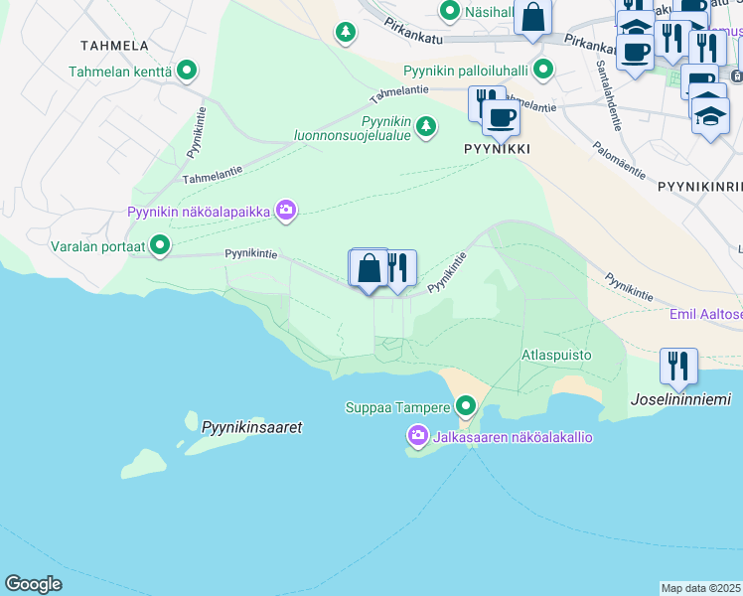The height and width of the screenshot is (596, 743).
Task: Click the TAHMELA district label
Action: [x=115, y=46]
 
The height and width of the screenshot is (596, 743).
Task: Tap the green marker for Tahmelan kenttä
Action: [x=186, y=72]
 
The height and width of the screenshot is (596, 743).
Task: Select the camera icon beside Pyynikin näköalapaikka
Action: [x=286, y=210]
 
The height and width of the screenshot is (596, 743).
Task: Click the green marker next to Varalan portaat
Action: [x=158, y=245]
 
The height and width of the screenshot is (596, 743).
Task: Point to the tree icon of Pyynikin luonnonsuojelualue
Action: [x=426, y=125]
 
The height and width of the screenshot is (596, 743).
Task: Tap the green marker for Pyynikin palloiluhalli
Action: [x=542, y=70]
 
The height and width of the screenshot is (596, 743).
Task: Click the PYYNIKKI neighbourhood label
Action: [x=496, y=148]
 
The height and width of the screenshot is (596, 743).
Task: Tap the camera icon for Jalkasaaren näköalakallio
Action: [x=418, y=436]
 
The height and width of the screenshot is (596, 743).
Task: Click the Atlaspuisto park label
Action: [x=556, y=354]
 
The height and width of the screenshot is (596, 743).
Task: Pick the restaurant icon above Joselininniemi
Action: [x=677, y=365]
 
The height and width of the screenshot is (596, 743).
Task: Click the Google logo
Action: [x=33, y=584]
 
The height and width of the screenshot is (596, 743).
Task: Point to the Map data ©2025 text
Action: [x=701, y=588]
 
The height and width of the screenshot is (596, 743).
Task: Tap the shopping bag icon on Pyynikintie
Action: [x=369, y=267]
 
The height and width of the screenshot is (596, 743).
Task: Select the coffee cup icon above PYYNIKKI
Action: [x=501, y=118]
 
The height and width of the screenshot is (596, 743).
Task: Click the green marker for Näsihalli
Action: [x=449, y=11]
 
